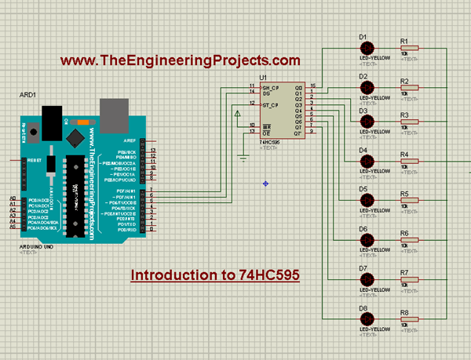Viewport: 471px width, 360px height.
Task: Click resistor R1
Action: coord(409,48)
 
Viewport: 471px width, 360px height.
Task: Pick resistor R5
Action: coord(409,201)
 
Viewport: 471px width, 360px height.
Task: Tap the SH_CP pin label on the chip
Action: coord(269,87)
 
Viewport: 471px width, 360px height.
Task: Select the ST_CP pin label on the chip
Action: coord(269,104)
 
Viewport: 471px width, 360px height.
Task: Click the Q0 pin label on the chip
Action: coord(298,87)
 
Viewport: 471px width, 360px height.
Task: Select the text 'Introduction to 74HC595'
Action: coord(203,275)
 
